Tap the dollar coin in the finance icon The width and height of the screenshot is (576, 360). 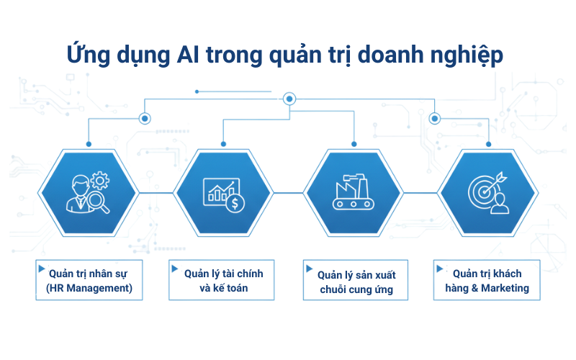click(x=235, y=204)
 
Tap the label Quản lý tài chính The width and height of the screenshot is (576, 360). click(x=224, y=274)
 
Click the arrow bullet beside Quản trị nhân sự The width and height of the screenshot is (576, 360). click(x=41, y=269)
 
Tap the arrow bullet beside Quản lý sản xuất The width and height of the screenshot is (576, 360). click(x=310, y=270)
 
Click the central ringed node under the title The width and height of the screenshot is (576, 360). click(x=289, y=99)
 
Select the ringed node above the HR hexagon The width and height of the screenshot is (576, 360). click(x=145, y=117)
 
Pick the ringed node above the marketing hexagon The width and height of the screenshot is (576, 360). click(x=433, y=117)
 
